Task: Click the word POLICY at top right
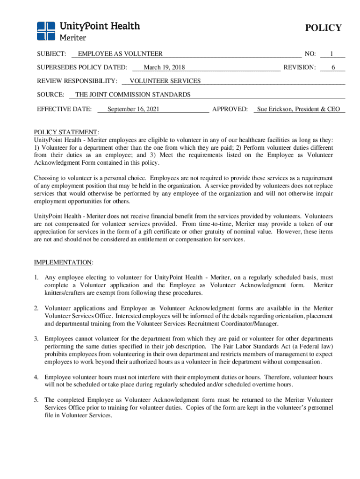tap(323, 28)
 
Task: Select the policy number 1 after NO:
tap(331, 54)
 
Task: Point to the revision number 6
tap(333, 68)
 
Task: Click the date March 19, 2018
tap(164, 68)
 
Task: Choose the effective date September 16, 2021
tap(133, 109)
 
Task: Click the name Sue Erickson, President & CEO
tap(298, 109)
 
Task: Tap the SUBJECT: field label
tap(51, 54)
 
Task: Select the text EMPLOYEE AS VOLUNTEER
tap(120, 54)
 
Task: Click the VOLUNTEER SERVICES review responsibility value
tap(165, 81)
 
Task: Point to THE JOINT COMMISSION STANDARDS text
tap(133, 95)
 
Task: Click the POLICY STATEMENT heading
tap(66, 132)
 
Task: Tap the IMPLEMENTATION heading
tap(63, 262)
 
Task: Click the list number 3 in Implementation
tap(36, 339)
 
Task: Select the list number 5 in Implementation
tap(36, 400)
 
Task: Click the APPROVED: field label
tap(230, 109)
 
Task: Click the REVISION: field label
tap(299, 68)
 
